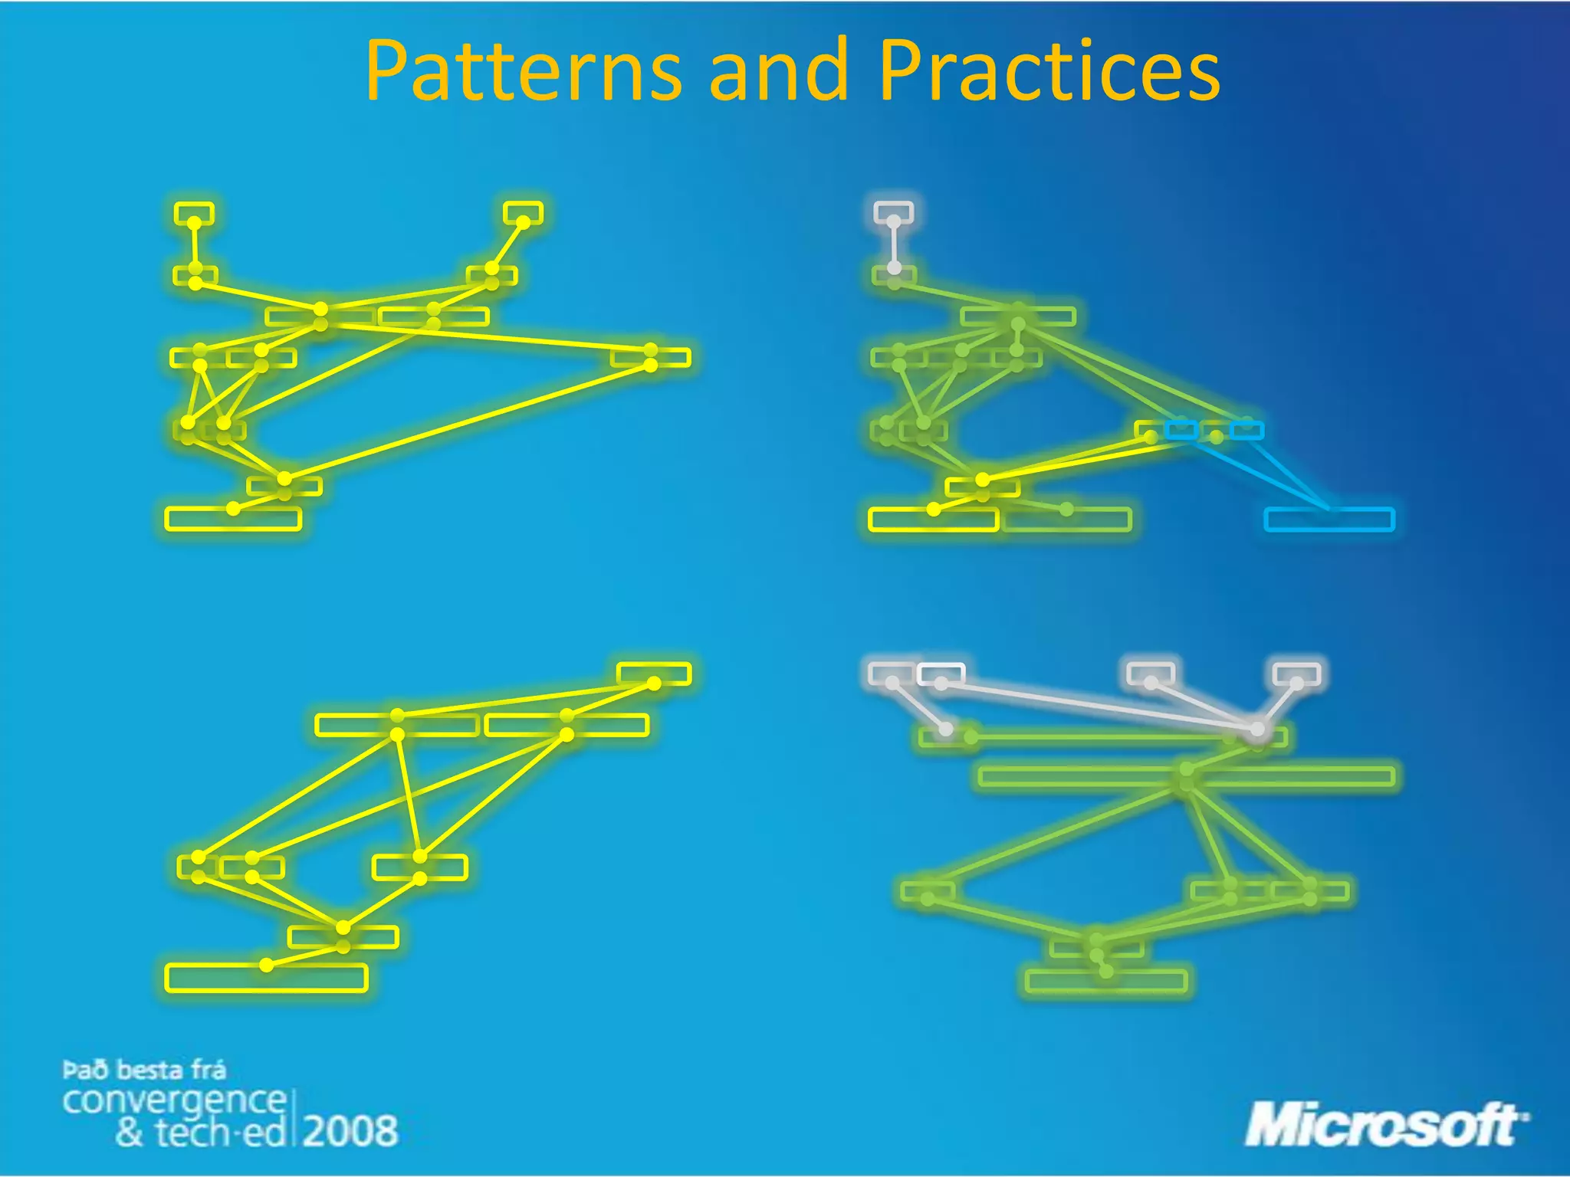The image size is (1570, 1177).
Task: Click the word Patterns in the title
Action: pyautogui.click(x=523, y=71)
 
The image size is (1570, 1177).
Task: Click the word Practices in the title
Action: pyautogui.click(x=1049, y=71)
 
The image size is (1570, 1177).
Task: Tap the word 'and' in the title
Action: pyautogui.click(x=780, y=71)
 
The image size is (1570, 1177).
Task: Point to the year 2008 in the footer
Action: pyautogui.click(x=350, y=1131)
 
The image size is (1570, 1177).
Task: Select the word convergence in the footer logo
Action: pyautogui.click(x=174, y=1101)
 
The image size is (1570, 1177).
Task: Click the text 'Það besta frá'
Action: pyautogui.click(x=144, y=1070)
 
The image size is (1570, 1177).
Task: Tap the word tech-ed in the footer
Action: pyautogui.click(x=221, y=1133)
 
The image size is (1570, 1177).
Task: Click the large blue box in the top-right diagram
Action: pyautogui.click(x=1329, y=520)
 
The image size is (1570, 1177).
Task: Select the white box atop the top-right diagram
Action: pyautogui.click(x=894, y=212)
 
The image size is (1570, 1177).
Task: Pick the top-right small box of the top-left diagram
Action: pyautogui.click(x=524, y=212)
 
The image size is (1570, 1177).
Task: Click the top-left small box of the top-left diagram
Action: pyautogui.click(x=194, y=213)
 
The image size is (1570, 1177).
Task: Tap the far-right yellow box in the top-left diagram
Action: pyautogui.click(x=651, y=358)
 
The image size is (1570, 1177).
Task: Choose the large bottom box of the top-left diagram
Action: pyautogui.click(x=233, y=519)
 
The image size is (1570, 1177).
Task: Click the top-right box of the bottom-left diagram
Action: pyautogui.click(x=654, y=674)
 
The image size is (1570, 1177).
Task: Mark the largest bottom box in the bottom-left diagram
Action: pyautogui.click(x=266, y=978)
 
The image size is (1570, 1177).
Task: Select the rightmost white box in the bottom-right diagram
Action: pyautogui.click(x=1296, y=674)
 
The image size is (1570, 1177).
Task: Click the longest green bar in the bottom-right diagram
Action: pyautogui.click(x=1186, y=776)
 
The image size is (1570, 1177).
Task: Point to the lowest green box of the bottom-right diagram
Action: pyautogui.click(x=1106, y=981)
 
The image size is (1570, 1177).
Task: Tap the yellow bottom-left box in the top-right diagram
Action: pyautogui.click(x=934, y=520)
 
